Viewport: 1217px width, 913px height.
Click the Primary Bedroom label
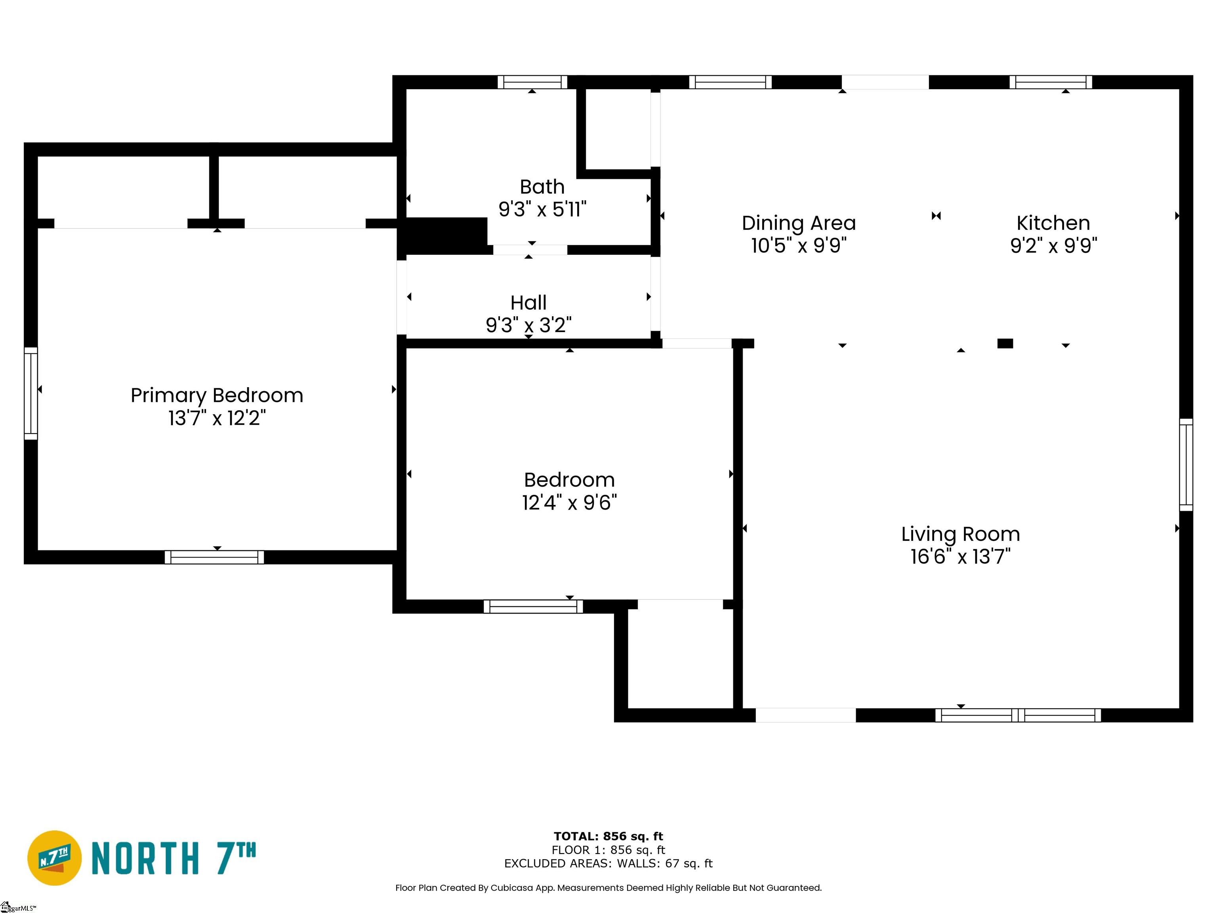tap(217, 395)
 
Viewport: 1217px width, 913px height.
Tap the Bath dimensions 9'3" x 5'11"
tap(542, 210)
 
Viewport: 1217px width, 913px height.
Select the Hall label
tap(528, 303)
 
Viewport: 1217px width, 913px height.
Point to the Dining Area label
tap(798, 223)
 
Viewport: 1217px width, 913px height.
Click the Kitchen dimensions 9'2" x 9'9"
tap(1053, 245)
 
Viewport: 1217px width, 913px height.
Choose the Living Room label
tap(960, 534)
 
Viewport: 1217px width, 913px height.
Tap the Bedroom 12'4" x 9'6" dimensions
tap(569, 502)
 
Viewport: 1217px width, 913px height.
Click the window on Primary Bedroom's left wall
tap(31, 393)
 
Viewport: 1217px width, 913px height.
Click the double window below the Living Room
tap(1017, 715)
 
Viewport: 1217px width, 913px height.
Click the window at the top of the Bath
tap(532, 82)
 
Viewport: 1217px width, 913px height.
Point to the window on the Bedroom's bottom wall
tap(532, 606)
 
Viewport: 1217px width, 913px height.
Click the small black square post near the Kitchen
tap(1005, 344)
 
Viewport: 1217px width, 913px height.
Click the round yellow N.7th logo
tap(54, 858)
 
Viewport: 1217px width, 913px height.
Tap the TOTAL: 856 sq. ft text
tap(608, 837)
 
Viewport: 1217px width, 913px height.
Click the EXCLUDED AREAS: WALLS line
tap(608, 863)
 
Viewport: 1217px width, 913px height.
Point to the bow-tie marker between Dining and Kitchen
tap(936, 216)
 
